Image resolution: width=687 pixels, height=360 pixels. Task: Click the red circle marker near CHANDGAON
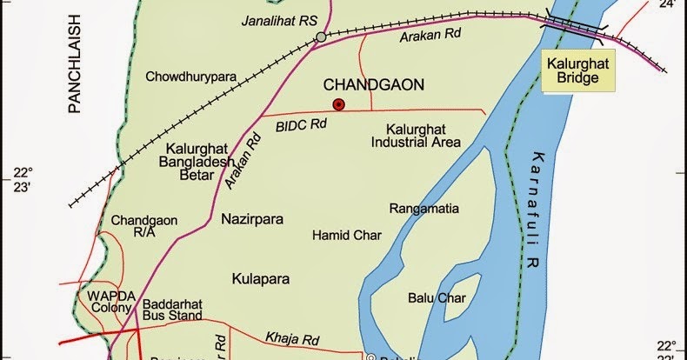339,105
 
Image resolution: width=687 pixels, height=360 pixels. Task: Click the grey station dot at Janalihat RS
321,37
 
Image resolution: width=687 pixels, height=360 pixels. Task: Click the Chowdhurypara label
192,76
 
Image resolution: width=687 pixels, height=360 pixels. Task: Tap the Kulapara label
261,279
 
